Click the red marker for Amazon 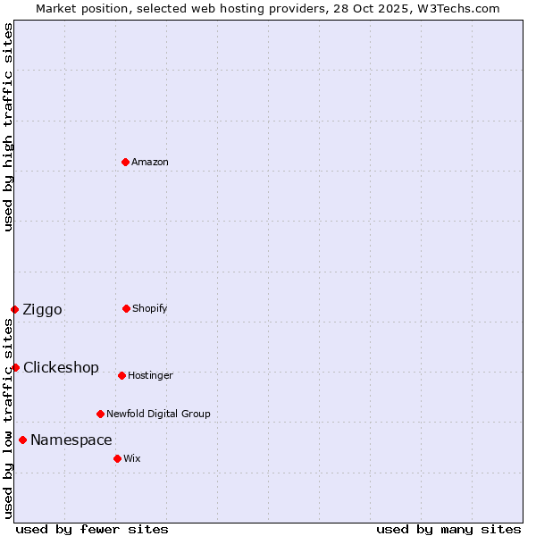click(126, 162)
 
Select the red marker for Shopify click(126, 308)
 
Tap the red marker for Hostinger click(121, 375)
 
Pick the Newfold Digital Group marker click(100, 414)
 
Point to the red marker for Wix click(117, 458)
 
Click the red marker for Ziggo click(14, 309)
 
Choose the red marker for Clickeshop click(15, 367)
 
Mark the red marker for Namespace click(22, 440)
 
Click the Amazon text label click(150, 163)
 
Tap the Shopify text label click(150, 309)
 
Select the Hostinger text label click(150, 376)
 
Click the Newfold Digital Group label click(158, 415)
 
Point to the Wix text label click(132, 459)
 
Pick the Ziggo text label click(43, 310)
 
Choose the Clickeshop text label click(61, 368)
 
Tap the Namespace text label click(71, 440)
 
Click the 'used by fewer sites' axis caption click(92, 529)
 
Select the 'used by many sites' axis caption click(448, 529)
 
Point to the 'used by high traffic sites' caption click(9, 127)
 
